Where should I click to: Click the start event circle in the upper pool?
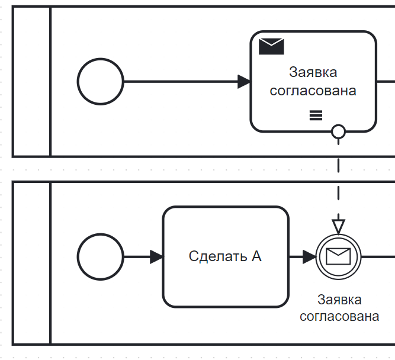click(101, 82)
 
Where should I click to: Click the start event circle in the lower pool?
click(101, 257)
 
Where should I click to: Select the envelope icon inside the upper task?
click(271, 46)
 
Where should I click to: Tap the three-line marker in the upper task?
click(316, 115)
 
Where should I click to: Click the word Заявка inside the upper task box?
click(313, 72)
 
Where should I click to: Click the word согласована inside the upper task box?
click(313, 91)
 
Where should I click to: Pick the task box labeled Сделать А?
click(226, 257)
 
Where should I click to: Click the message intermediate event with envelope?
click(338, 256)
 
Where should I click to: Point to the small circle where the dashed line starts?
click(338, 131)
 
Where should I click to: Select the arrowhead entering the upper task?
click(244, 82)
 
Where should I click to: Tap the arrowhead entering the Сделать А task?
click(156, 257)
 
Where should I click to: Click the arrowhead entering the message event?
click(309, 257)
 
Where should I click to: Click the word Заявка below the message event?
click(339, 300)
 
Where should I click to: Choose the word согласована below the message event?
click(339, 316)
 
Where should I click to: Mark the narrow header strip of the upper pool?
click(31, 82)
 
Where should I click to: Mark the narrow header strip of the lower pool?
click(31, 263)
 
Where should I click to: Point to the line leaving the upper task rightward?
click(386, 82)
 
